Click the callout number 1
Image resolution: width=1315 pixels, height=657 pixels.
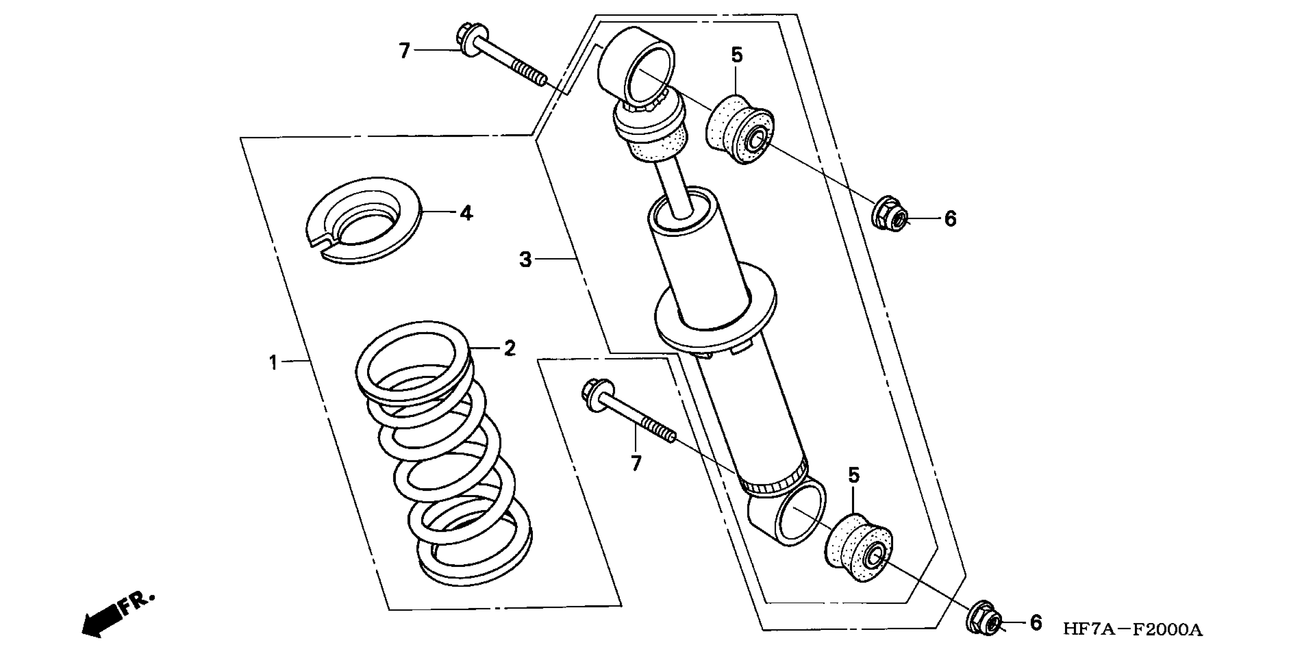pyautogui.click(x=274, y=363)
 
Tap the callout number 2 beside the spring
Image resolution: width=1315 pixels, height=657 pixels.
pyautogui.click(x=509, y=349)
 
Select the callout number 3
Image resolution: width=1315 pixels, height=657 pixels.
pyautogui.click(x=525, y=259)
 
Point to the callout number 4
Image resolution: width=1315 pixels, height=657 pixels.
pyautogui.click(x=466, y=213)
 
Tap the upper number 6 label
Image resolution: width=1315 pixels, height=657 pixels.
pyautogui.click(x=949, y=218)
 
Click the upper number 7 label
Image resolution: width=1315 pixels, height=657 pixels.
pyautogui.click(x=404, y=51)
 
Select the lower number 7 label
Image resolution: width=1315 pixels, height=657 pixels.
pyautogui.click(x=636, y=463)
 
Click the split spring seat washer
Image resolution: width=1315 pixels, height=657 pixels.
pyautogui.click(x=364, y=220)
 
